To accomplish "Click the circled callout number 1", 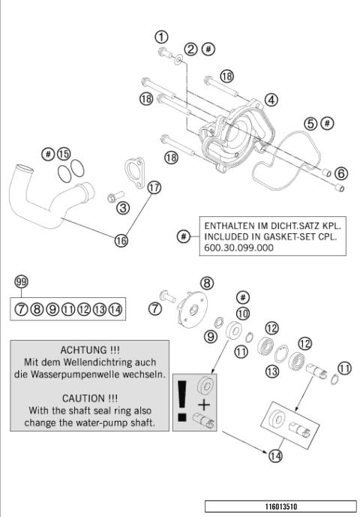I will [x=161, y=36].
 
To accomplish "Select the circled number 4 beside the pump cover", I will [x=270, y=99].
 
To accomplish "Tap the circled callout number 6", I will [x=341, y=173].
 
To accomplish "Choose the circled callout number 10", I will [x=242, y=312].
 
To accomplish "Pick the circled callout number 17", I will [x=154, y=188].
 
